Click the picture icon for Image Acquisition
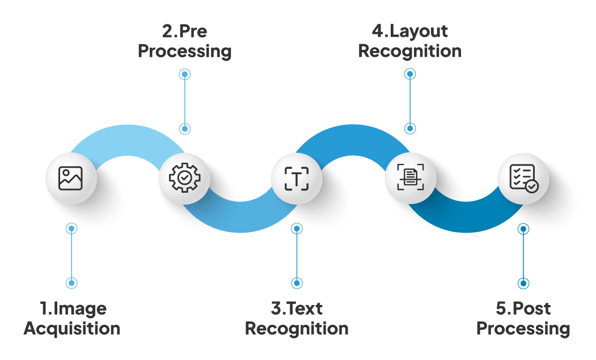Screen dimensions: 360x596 tap(71, 178)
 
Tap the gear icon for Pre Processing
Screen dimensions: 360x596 tap(184, 178)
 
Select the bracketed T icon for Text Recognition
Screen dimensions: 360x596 tap(297, 178)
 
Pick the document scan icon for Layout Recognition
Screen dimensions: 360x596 tap(411, 178)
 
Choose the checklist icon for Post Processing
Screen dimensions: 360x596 tap(523, 178)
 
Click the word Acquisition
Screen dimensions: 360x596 tap(72, 328)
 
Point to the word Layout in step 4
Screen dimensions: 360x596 tap(419, 31)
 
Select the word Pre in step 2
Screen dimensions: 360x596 tap(192, 31)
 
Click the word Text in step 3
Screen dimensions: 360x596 tap(305, 308)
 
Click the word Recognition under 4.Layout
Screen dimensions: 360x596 tap(410, 51)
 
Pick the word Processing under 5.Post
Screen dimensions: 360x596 tap(523, 328)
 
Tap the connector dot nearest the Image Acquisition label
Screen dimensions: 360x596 tap(71, 283)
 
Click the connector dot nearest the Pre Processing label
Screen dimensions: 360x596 tap(184, 74)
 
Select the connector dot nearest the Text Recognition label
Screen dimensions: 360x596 tap(297, 283)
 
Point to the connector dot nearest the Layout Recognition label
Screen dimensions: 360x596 tap(411, 74)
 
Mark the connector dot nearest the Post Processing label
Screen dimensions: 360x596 tap(523, 283)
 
